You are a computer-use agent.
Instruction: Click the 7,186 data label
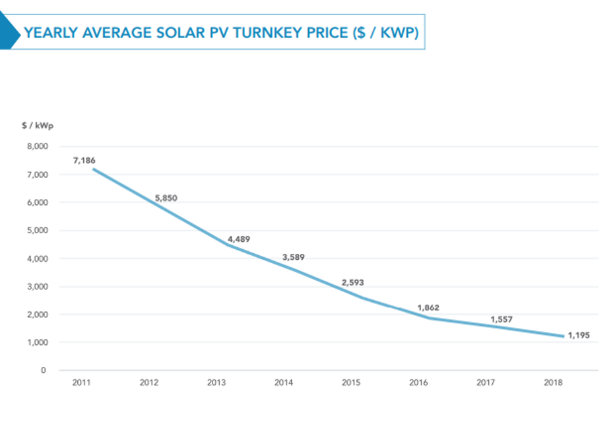point(84,160)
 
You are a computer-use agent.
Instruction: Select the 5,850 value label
point(166,198)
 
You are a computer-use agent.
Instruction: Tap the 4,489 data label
point(239,239)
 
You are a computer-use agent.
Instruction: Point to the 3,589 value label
point(294,257)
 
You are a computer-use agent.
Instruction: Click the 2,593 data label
point(352,282)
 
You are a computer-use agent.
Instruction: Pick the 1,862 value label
point(428,307)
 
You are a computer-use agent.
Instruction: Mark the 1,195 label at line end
point(578,335)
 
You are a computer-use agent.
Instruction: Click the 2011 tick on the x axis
point(82,383)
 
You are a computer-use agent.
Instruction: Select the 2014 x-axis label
point(284,383)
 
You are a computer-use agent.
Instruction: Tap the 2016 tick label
point(418,383)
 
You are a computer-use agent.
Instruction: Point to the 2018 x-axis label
point(553,383)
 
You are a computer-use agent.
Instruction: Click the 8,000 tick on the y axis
point(36,147)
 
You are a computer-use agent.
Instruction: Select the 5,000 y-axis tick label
point(36,231)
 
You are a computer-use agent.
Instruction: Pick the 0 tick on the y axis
point(44,370)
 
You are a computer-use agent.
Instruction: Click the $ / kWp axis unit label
point(37,125)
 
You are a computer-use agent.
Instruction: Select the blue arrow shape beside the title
point(9,32)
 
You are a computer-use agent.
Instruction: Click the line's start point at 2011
point(94,169)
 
